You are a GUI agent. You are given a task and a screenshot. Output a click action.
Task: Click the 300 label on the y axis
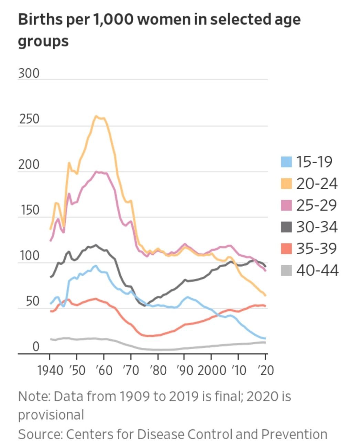pyautogui.click(x=29, y=73)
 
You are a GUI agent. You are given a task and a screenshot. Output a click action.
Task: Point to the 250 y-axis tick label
pyautogui.click(x=29, y=119)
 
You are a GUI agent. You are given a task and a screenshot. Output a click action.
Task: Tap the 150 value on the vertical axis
pyautogui.click(x=29, y=210)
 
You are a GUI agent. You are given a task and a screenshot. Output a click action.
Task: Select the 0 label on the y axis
pyautogui.click(x=36, y=347)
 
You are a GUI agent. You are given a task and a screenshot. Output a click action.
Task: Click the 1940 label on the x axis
pyautogui.click(x=50, y=370)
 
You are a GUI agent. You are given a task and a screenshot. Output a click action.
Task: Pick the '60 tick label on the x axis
pyautogui.click(x=103, y=370)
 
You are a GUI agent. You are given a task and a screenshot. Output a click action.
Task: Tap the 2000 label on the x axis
pyautogui.click(x=211, y=370)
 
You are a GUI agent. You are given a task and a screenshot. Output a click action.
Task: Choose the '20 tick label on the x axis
pyautogui.click(x=265, y=370)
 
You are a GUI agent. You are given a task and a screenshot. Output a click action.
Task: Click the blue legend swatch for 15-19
pyautogui.click(x=286, y=162)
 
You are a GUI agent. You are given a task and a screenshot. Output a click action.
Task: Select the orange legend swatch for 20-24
pyautogui.click(x=286, y=183)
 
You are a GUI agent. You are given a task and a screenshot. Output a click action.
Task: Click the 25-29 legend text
pyautogui.click(x=316, y=205)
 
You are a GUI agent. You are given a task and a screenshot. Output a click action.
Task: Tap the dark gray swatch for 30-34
pyautogui.click(x=286, y=227)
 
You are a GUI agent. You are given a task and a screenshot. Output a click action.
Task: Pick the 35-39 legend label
pyautogui.click(x=316, y=248)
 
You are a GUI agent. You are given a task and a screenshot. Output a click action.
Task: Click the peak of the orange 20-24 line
pyautogui.click(x=96, y=116)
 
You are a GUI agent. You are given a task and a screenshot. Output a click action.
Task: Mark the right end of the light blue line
pyautogui.click(x=265, y=339)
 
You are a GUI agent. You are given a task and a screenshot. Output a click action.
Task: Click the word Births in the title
pyautogui.click(x=36, y=19)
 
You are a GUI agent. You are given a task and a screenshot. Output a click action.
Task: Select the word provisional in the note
pyautogui.click(x=51, y=414)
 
